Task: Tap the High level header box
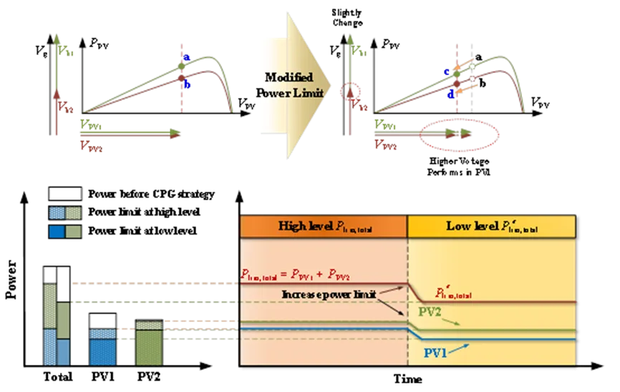[x=324, y=227]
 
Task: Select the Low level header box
[x=491, y=227]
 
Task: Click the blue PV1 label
[x=437, y=353]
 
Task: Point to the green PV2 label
[x=430, y=313]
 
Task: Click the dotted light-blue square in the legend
[x=56, y=212]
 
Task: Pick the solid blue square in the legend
[x=56, y=232]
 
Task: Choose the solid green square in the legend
[x=74, y=232]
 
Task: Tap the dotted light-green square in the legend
[x=74, y=212]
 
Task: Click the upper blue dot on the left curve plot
[x=185, y=59]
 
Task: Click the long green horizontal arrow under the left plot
[x=129, y=132]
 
